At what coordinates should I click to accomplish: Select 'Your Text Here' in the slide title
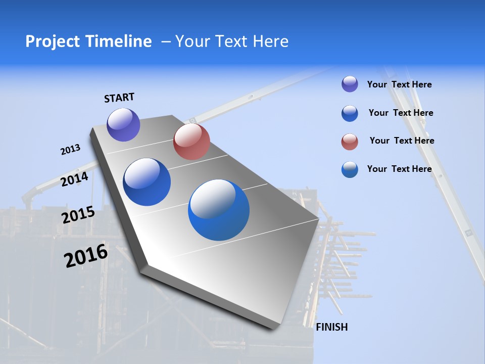click(x=232, y=41)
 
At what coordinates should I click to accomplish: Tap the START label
click(x=119, y=98)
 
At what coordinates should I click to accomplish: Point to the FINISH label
click(x=331, y=327)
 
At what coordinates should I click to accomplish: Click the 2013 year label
click(x=70, y=150)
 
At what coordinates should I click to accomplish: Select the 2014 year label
click(x=74, y=179)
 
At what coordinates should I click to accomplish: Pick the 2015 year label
click(x=78, y=215)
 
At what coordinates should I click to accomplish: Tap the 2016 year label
click(x=86, y=256)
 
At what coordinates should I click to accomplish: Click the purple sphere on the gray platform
click(x=123, y=124)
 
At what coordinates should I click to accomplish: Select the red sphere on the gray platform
click(x=191, y=142)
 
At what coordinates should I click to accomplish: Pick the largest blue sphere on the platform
click(x=219, y=210)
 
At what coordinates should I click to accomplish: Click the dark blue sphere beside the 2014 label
click(x=147, y=182)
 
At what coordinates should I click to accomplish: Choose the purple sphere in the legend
click(x=350, y=84)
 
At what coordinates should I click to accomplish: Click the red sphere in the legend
click(x=350, y=142)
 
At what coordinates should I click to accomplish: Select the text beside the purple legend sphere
click(x=399, y=84)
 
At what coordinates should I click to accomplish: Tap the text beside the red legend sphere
click(x=402, y=141)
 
